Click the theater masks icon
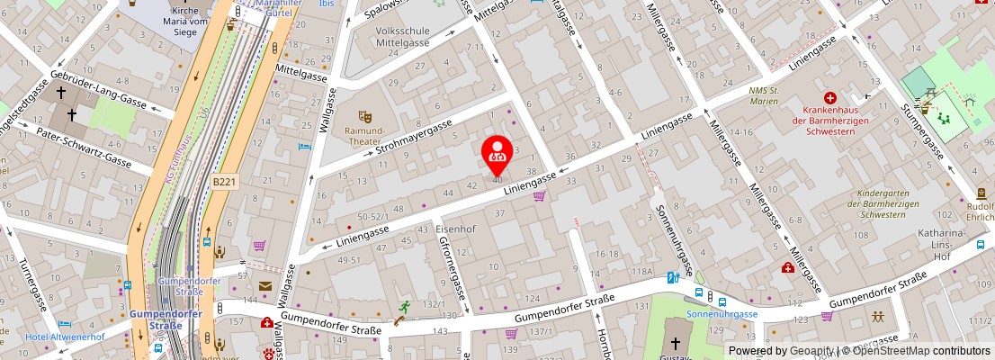364,117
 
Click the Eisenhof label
454,229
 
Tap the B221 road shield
224,182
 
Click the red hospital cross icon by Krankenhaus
829,97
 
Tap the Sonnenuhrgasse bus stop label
722,314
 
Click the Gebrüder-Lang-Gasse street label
99,87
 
